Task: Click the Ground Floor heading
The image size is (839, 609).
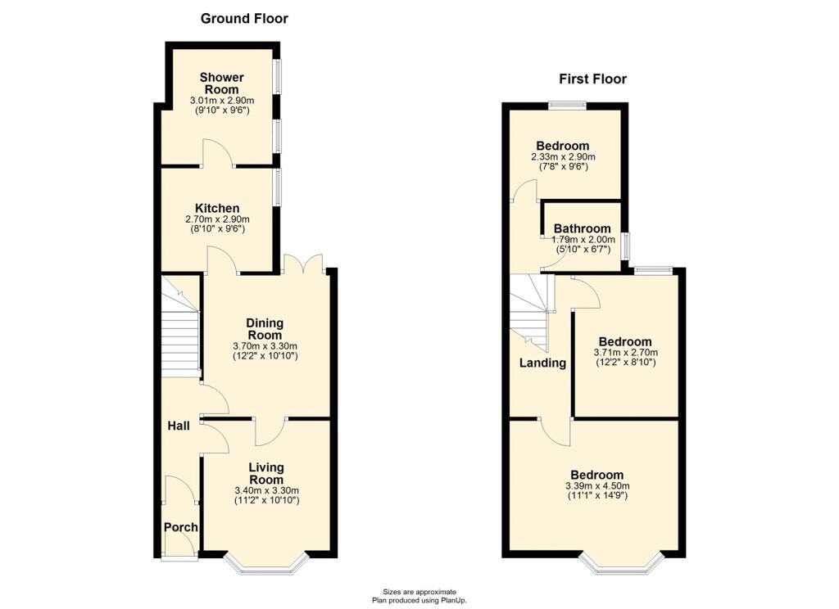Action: (x=244, y=19)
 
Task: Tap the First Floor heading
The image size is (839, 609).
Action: (x=593, y=79)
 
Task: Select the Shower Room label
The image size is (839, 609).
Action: (x=221, y=83)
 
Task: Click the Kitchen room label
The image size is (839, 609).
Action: (x=217, y=208)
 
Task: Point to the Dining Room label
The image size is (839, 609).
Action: (x=265, y=329)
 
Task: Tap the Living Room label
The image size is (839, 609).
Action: (x=266, y=473)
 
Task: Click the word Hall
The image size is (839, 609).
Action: (x=178, y=426)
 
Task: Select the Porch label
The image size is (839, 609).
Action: (x=181, y=527)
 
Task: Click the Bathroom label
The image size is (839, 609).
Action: (x=583, y=228)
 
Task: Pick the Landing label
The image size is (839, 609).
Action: (x=542, y=363)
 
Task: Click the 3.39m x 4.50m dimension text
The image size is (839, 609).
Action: (x=597, y=486)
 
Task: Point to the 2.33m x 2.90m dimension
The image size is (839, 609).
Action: (x=563, y=157)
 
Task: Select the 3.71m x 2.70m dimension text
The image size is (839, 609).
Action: (x=625, y=353)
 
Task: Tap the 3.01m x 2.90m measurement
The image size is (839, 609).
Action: (x=221, y=101)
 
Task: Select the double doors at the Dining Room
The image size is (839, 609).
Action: (x=303, y=264)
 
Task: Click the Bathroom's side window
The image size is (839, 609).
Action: (x=625, y=246)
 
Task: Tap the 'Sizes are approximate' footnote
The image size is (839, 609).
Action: (x=419, y=591)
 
